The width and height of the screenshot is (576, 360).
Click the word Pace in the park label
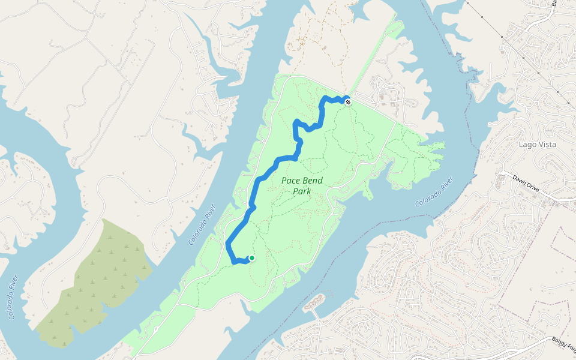[x=291, y=181]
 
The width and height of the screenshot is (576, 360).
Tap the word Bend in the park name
[x=313, y=181]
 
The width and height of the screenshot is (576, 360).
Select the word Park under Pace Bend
[x=302, y=192]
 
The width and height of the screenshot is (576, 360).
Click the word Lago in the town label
[x=528, y=145]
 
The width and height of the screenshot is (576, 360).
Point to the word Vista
[x=547, y=145]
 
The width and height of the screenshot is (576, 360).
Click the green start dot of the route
[x=252, y=258]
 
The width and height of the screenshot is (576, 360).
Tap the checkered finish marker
[x=347, y=101]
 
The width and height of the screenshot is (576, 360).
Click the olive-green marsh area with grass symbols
[x=96, y=282]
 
